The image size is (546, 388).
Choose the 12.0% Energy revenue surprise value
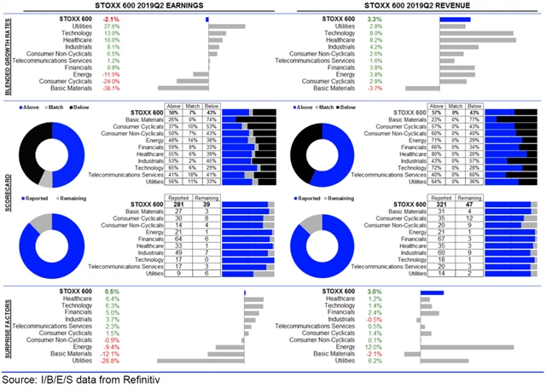point(398,347)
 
